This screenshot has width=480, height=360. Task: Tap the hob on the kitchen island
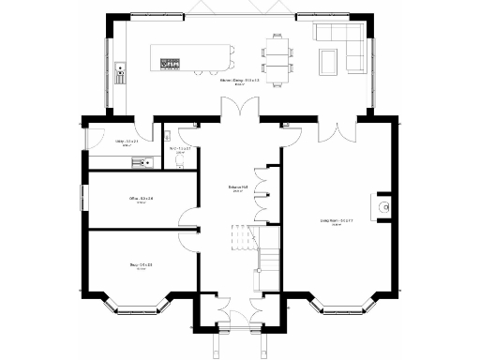(171, 64)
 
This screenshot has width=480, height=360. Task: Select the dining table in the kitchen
(277, 58)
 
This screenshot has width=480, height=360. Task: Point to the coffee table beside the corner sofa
(329, 63)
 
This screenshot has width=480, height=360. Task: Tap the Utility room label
(126, 142)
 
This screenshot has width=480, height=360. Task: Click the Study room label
(141, 265)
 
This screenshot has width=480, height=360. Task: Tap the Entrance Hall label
(237, 187)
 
